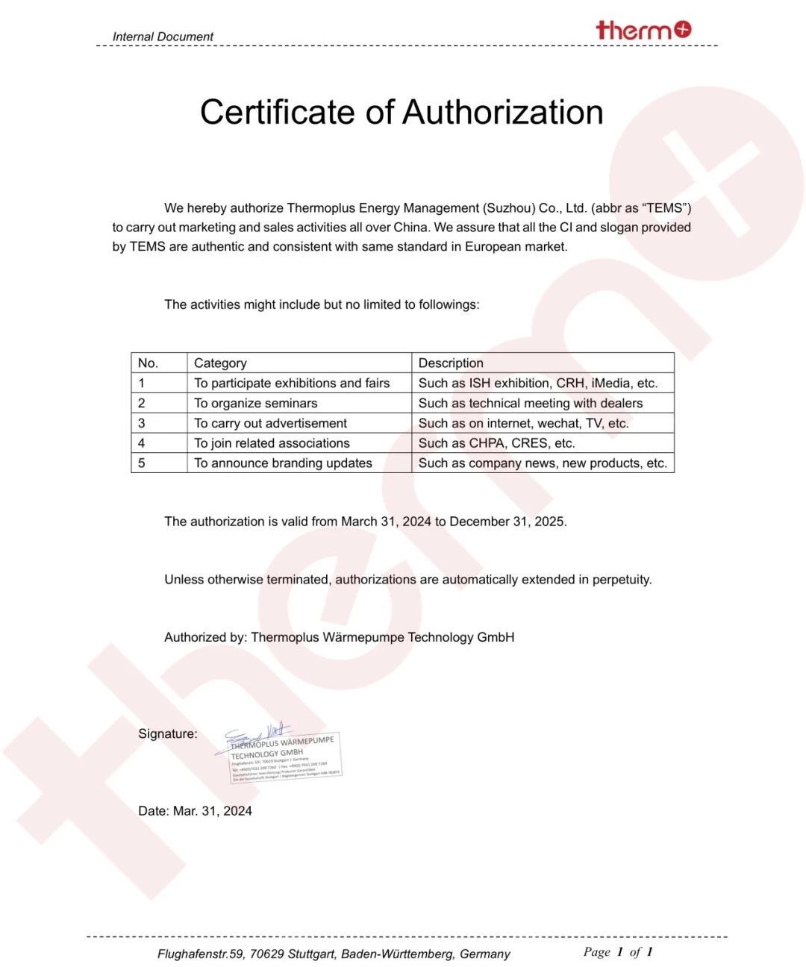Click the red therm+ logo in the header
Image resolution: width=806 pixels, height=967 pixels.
pos(643,30)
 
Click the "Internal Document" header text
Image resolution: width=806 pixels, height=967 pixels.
pos(163,37)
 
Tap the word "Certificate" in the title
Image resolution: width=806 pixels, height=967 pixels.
pos(277,113)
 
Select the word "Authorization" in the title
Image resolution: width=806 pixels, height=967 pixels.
pos(503,113)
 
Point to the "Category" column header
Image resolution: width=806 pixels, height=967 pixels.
pos(220,363)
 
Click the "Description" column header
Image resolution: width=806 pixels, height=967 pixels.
pos(451,363)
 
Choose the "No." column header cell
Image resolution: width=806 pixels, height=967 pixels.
pos(148,363)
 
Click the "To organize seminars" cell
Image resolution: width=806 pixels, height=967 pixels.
pos(256,404)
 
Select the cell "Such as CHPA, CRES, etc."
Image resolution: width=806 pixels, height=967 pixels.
pos(497,443)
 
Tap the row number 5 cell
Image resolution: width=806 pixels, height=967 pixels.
pos(142,463)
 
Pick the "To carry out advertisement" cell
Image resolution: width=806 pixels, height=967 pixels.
pos(271,423)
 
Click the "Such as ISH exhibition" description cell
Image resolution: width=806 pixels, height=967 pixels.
pos(538,384)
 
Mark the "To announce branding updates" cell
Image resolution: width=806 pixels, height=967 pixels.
pos(284,463)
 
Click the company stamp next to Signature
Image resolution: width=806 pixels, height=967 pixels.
pos(284,756)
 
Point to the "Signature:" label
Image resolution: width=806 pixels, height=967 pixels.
pos(168,734)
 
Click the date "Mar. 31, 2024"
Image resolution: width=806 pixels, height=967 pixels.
pos(213,811)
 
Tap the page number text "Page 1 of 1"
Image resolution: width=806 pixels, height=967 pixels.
pos(618,952)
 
